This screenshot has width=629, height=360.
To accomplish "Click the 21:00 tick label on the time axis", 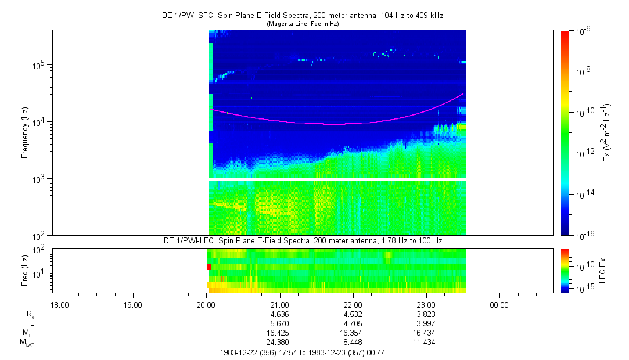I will (x=279, y=305).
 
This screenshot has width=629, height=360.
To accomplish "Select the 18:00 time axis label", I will (x=60, y=305).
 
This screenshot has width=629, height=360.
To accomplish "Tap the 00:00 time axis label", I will (x=499, y=305).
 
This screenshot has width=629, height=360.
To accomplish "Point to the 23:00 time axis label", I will (x=426, y=305).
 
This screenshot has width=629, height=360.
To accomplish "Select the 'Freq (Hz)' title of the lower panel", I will (x=25, y=269).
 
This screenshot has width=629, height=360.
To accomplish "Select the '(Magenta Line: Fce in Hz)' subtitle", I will (x=302, y=24).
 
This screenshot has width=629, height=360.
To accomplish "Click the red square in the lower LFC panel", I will (x=209, y=267).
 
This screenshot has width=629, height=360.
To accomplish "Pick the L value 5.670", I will (x=279, y=323).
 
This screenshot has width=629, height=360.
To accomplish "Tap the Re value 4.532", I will (x=353, y=314).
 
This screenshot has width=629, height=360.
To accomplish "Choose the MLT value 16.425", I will (x=279, y=333).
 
